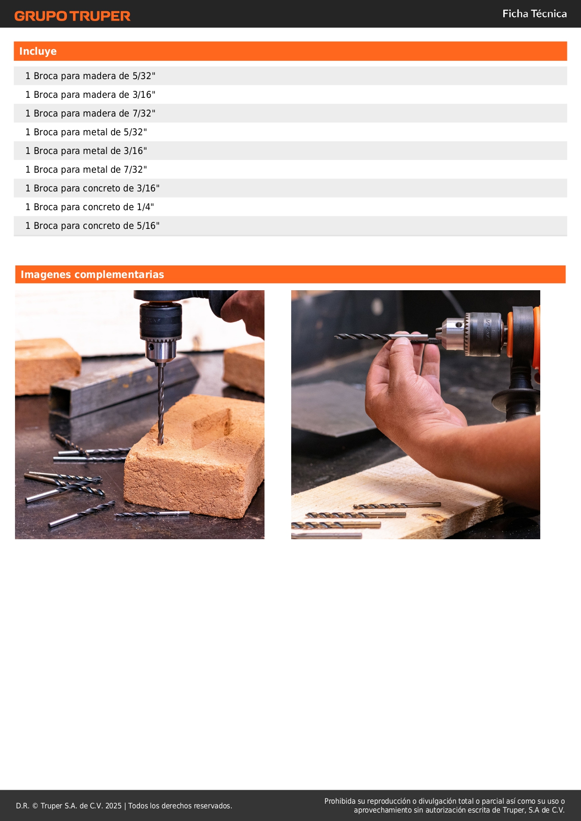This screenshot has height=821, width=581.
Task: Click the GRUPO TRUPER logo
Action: point(73,16)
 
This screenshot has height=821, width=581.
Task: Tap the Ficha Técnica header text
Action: point(535,14)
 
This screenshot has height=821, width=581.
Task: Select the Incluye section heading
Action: point(38,51)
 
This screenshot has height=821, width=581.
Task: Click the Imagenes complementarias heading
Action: point(92,274)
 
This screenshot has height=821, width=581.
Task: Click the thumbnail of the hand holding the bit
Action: point(416,415)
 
